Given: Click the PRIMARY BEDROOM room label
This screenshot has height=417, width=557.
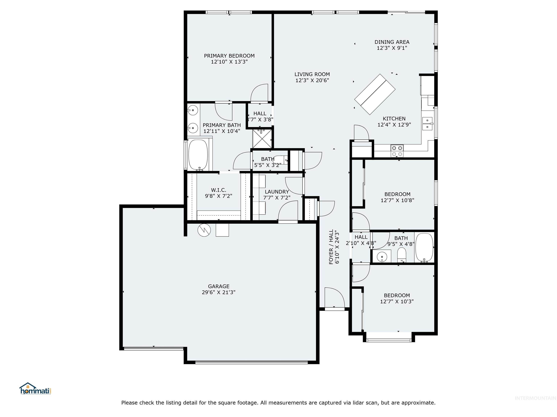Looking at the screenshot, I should pyautogui.click(x=229, y=56).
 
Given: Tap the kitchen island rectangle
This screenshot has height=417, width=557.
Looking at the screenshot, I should pyautogui.click(x=375, y=94).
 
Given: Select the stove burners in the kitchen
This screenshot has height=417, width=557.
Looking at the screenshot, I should pyautogui.click(x=397, y=151).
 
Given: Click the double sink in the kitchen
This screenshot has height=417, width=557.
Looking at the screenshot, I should pyautogui.click(x=427, y=124).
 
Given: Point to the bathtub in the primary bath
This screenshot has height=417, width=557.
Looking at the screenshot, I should pyautogui.click(x=198, y=155).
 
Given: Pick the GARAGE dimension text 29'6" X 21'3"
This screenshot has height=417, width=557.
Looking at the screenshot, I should pyautogui.click(x=218, y=292).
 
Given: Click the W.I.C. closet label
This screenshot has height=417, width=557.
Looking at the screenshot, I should pyautogui.click(x=218, y=190).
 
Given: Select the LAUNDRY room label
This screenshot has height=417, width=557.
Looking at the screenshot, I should pyautogui.click(x=277, y=191).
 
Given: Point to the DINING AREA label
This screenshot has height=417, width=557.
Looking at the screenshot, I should pyautogui.click(x=392, y=42).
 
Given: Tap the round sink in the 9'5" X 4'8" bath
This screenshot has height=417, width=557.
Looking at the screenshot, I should pyautogui.click(x=382, y=256).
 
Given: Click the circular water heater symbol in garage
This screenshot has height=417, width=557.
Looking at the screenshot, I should pyautogui.click(x=204, y=230).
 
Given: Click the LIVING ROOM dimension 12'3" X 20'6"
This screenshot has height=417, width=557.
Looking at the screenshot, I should pyautogui.click(x=312, y=80).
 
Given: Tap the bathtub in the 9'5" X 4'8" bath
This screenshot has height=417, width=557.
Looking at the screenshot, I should pyautogui.click(x=424, y=248).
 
